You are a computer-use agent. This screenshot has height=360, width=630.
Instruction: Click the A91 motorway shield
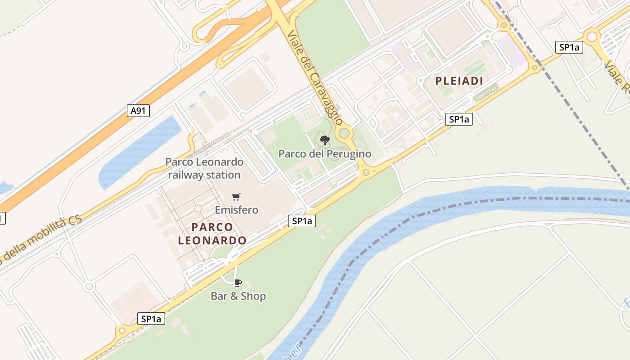pos(138,111)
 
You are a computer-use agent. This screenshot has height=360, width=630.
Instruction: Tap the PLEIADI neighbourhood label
pos(459,81)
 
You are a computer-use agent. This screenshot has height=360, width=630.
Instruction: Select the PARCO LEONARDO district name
pos(212,234)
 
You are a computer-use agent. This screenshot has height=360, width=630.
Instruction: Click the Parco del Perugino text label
pos(324,154)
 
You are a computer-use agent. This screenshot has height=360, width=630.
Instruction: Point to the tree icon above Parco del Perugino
pos(324,140)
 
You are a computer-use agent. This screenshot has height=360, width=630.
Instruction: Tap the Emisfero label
pos(236,210)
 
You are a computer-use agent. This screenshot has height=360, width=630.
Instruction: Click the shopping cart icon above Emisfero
pos(236,197)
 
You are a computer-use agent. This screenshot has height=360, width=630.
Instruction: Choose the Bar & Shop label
pos(238,296)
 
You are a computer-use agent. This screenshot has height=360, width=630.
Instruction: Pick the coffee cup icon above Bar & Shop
pos(238,283)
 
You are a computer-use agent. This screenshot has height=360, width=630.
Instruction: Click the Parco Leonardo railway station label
pos(204,168)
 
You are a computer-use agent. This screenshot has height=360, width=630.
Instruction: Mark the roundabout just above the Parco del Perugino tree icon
pos(344,133)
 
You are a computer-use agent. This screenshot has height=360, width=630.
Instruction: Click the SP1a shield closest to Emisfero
pos(301,221)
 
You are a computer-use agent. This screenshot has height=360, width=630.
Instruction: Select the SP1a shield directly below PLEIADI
pos(459,119)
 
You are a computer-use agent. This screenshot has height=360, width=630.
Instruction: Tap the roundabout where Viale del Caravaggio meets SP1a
pos(366,172)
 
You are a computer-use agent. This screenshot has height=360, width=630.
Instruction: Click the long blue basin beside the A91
pos(139,151)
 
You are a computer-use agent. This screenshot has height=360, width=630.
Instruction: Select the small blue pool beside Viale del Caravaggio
pos(338,107)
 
